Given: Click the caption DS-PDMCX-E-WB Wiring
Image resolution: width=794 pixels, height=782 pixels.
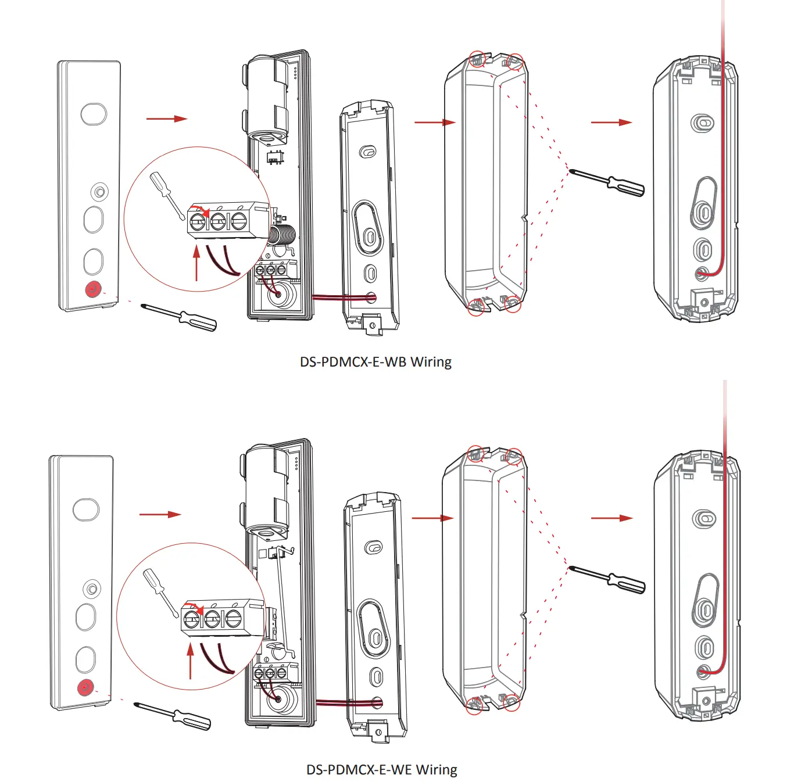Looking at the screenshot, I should (x=375, y=362).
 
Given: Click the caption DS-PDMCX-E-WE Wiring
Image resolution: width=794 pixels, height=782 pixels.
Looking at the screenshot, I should (x=381, y=770).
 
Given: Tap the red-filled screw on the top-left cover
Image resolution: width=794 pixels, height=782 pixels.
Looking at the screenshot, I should (x=93, y=289).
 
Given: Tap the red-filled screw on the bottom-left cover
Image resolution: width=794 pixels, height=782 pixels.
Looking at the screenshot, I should (x=85, y=688).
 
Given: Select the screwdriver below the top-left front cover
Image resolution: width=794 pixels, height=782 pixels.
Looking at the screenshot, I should (x=180, y=317).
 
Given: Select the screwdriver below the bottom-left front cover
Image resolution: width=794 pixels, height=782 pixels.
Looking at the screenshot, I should (x=174, y=716).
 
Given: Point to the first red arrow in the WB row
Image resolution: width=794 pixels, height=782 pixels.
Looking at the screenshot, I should (x=166, y=119).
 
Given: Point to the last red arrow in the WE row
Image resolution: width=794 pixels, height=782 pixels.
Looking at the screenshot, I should (x=611, y=518).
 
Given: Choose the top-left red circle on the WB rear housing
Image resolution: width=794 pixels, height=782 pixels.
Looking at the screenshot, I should (x=477, y=59).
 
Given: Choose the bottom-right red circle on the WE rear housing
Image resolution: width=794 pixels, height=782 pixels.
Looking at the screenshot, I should (x=512, y=702).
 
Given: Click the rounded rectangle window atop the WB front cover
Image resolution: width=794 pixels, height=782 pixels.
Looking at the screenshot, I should (x=94, y=114).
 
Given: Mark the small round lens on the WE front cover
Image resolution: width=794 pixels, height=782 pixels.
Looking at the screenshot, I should (x=92, y=589).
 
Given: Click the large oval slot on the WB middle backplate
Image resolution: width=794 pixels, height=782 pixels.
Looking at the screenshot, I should (x=368, y=228).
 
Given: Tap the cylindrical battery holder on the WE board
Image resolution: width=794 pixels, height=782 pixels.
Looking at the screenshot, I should (x=267, y=491).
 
